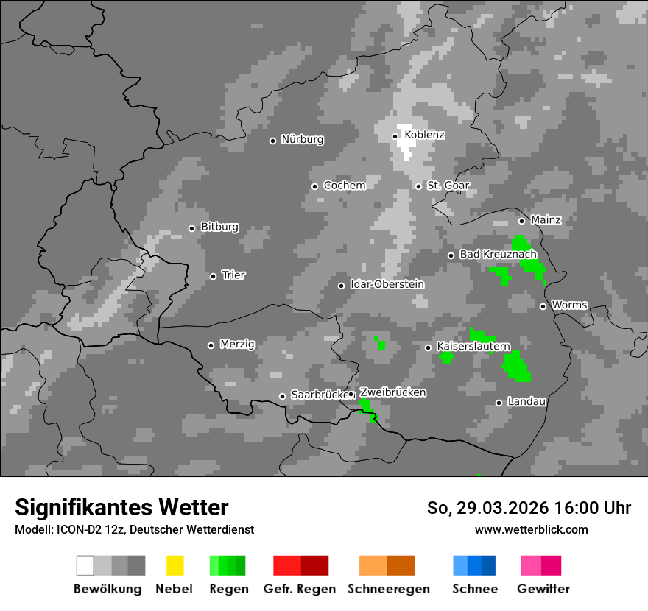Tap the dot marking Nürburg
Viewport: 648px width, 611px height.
point(272,141)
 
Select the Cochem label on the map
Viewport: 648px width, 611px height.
point(345,186)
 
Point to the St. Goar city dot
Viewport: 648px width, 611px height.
point(418,186)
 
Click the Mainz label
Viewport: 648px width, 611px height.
point(546,220)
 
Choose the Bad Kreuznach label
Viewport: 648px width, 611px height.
point(498,255)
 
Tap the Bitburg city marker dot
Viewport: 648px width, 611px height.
point(191,228)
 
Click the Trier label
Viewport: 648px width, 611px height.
point(233,275)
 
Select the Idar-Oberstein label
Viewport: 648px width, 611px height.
point(387,285)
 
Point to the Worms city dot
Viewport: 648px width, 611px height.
point(543,306)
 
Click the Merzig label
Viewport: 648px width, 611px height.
point(237,345)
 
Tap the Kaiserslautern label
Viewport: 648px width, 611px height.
point(473,346)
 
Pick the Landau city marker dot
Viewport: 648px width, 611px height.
point(499,403)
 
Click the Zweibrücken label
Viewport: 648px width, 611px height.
point(392,393)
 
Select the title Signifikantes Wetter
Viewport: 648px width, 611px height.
point(121,507)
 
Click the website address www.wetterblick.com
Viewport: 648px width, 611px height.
point(532,529)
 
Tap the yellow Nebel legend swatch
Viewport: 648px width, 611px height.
point(175,565)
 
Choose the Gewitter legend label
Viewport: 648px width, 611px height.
point(543,589)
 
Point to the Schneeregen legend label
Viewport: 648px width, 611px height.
point(388,589)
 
